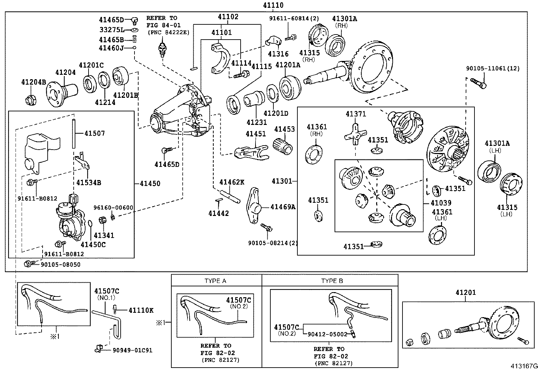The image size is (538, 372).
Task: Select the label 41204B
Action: point(33,82)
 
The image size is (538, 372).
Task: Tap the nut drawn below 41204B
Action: point(31,100)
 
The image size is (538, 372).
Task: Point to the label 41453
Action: point(284,129)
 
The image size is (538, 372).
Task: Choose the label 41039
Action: point(441,203)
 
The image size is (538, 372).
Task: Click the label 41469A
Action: point(283,207)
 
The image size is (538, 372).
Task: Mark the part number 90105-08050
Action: point(60,265)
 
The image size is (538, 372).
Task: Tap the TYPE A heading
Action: point(215,281)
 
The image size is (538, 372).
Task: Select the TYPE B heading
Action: point(332,281)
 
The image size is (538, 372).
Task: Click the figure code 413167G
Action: point(523,366)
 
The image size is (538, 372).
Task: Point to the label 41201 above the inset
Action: point(465,292)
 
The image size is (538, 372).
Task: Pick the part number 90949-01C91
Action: point(132,350)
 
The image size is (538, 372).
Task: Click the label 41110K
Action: point(141,310)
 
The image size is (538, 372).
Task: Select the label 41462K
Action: point(231,182)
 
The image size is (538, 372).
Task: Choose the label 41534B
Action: point(89,183)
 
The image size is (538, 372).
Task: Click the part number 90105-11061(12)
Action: point(493,68)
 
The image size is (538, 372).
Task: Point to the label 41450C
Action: point(93,244)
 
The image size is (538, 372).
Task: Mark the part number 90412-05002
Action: point(327,334)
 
